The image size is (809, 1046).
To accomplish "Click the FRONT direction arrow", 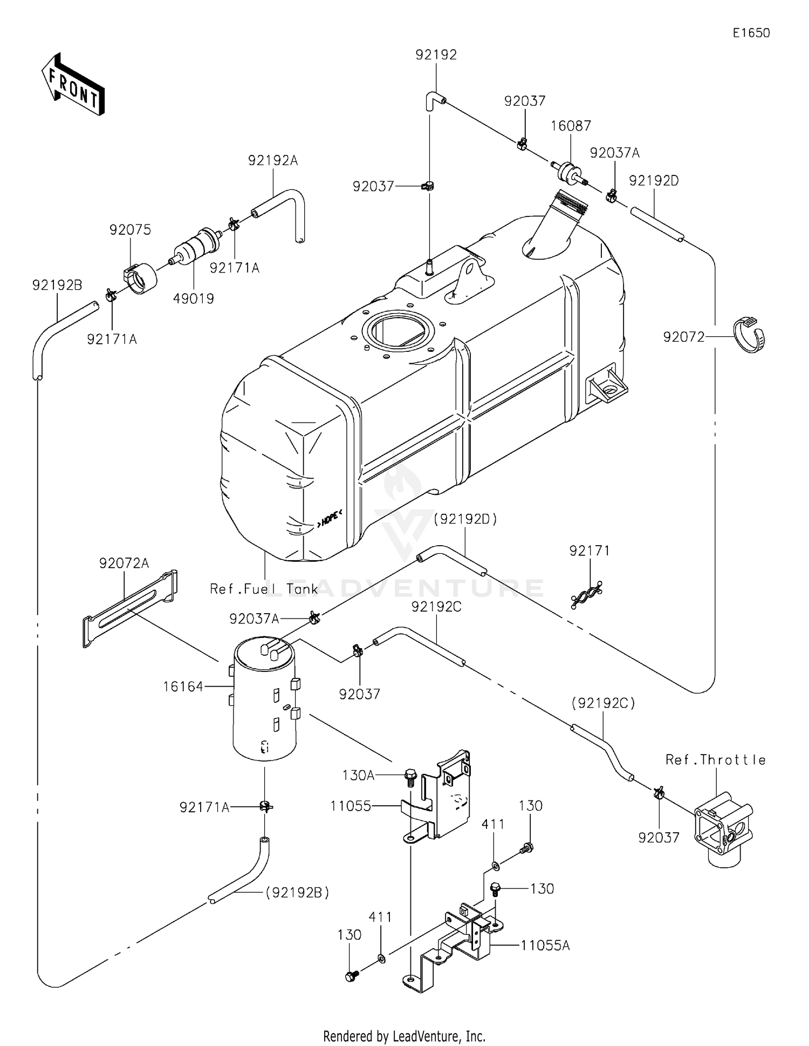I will pos(73,84).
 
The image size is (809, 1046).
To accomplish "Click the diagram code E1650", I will pos(751,33).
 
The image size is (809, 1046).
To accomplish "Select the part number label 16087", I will pos(571,126).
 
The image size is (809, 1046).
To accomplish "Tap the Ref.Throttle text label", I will pos(715,760).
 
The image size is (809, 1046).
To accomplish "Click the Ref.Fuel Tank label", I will pos(264,589).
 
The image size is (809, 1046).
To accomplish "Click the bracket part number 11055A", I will pos(545,945).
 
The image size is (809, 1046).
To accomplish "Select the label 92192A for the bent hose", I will pos(273,160).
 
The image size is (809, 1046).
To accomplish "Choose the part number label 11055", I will pos(351,806).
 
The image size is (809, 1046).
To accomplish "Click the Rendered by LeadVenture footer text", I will pos(404,1036).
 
